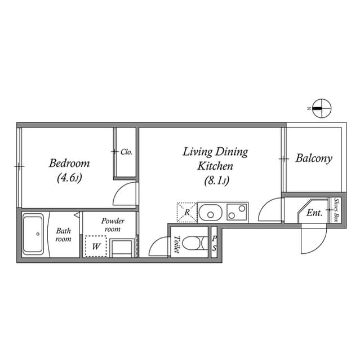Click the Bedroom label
click(x=69, y=163)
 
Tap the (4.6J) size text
click(x=69, y=178)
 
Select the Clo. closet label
click(x=127, y=152)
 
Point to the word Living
click(x=198, y=152)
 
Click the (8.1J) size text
click(x=217, y=180)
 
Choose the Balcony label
click(x=314, y=159)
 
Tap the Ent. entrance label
click(x=314, y=213)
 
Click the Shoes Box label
click(x=336, y=210)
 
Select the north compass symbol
click(x=322, y=108)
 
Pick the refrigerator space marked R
click(x=187, y=212)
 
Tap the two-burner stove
click(x=238, y=212)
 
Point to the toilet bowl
click(x=193, y=243)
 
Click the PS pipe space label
click(x=214, y=244)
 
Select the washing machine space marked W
click(x=96, y=246)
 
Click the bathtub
click(x=33, y=234)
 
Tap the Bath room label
click(x=63, y=235)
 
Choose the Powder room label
click(x=113, y=225)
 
